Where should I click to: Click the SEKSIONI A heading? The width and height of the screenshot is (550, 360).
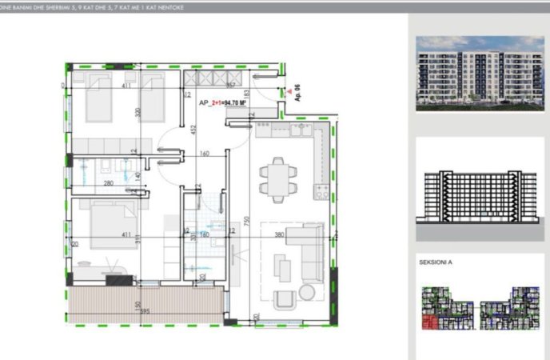[x=436, y=262]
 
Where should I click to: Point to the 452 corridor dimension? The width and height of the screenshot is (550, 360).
[x=193, y=129]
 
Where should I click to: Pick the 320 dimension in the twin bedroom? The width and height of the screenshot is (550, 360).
[x=137, y=112]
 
